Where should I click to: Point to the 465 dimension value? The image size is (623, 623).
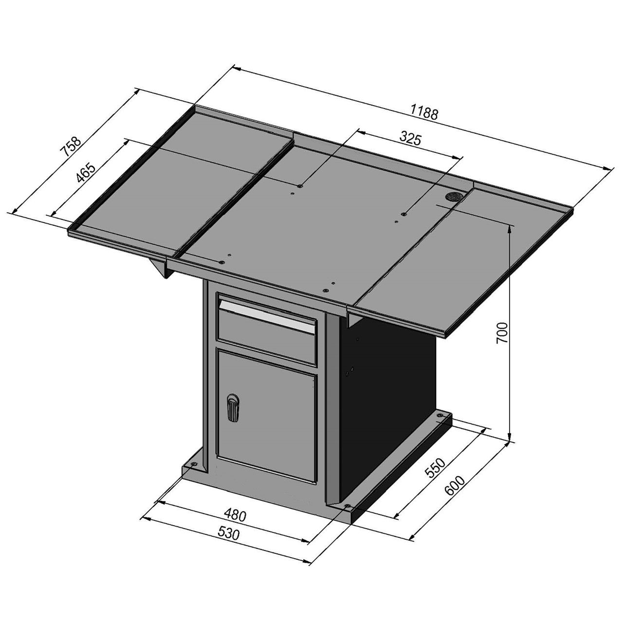tap(86, 174)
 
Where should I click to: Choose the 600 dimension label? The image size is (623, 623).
tap(455, 486)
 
